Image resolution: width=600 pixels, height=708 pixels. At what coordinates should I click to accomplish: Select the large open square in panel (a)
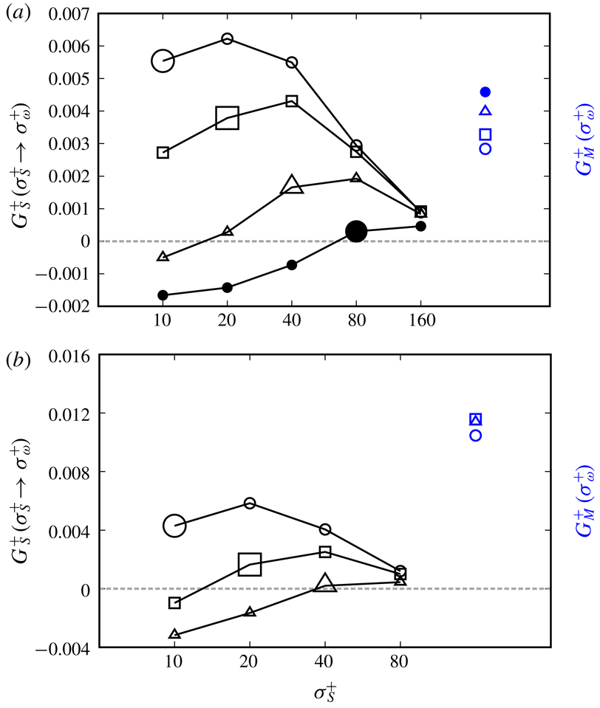(227, 117)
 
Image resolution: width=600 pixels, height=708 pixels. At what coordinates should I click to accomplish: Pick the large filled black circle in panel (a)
(356, 231)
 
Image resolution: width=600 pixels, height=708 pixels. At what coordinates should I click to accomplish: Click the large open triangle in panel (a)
(292, 185)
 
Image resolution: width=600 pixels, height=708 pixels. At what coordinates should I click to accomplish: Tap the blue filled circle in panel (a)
(485, 92)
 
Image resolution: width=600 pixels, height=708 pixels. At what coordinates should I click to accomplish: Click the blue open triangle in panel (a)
(485, 111)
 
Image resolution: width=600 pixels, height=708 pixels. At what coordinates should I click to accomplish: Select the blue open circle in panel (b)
(476, 436)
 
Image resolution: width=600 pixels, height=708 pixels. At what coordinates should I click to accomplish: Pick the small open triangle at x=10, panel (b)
(174, 634)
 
